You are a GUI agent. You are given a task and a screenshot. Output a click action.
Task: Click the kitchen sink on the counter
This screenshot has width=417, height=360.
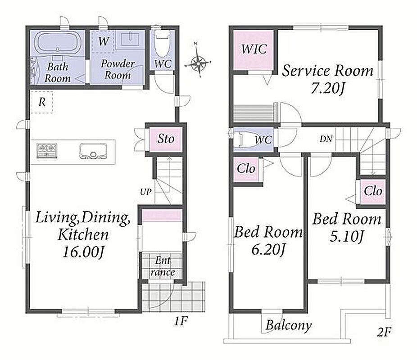coord(93,152)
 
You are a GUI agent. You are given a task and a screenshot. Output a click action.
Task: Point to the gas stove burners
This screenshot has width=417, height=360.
coord(47,151)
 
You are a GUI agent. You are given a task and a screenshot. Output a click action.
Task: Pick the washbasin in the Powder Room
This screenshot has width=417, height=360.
coord(130,39)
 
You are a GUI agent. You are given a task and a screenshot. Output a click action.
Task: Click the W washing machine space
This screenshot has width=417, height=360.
coord(104,41)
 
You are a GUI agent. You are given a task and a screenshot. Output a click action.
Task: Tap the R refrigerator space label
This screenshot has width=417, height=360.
coord(42,102)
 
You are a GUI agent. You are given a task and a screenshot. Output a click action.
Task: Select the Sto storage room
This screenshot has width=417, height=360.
coord(165,139)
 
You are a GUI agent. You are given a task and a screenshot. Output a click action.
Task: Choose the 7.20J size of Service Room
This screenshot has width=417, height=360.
coord(328,89)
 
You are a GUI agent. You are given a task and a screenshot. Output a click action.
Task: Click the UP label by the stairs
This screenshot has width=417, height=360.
coord(146,192)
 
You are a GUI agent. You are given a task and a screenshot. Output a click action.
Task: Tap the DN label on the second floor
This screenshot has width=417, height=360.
coord(326,139)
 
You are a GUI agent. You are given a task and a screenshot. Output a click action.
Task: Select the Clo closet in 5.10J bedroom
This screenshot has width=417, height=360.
coord(373,191)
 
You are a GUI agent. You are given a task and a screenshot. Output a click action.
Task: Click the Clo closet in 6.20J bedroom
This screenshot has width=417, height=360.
coord(246,169)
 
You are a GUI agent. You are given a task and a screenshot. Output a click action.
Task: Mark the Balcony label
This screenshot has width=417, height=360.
coord(289,325)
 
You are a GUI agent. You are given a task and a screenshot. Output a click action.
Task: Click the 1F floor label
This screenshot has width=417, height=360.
coord(181,321)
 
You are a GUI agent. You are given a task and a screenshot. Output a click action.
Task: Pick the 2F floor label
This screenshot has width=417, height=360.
coord(384,332)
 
